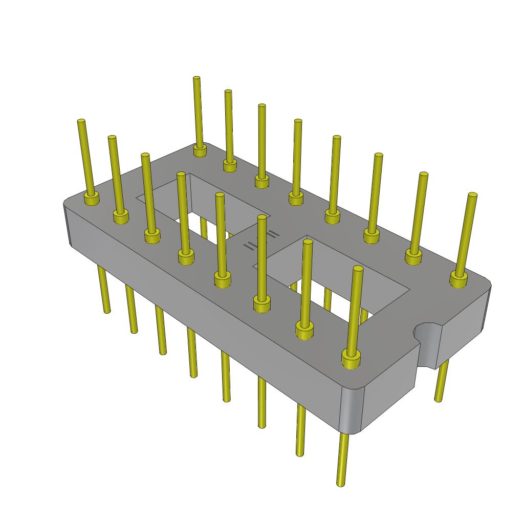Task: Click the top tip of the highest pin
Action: pos(196,78)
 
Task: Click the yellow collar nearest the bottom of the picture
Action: pos(351,359)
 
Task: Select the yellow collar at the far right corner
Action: pos(458,279)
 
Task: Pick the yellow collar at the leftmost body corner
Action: pos(92,199)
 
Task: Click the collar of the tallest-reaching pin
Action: pos(200,150)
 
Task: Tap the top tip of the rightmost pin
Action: pos(473,195)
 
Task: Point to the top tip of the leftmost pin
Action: pos(81,121)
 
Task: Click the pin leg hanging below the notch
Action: pos(442,381)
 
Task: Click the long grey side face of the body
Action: pos(205,317)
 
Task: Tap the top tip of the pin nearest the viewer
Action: pos(358,268)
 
